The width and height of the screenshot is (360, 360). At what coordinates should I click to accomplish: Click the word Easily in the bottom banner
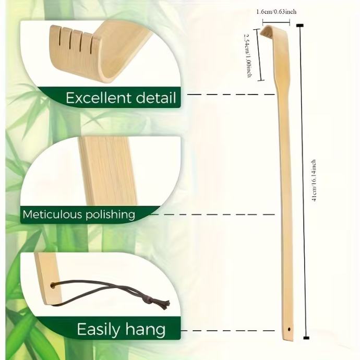(x=99, y=329)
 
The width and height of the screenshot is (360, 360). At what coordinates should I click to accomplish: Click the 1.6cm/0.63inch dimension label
(x=277, y=11)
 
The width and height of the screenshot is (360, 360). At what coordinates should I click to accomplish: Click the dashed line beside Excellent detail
(x=230, y=94)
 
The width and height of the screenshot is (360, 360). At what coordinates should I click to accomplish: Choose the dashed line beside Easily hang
(x=230, y=331)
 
